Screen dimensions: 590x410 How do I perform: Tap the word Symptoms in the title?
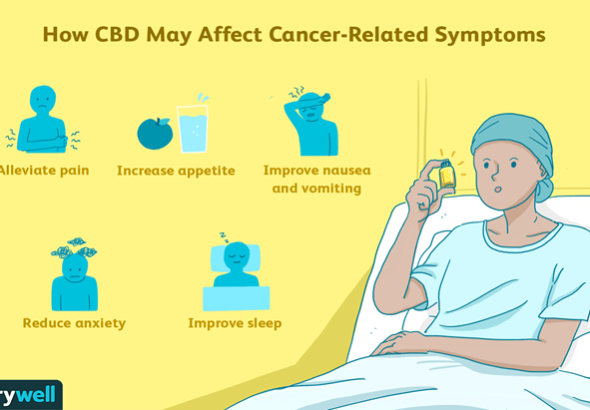click(x=490, y=36)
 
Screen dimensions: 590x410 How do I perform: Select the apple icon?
click(x=155, y=133)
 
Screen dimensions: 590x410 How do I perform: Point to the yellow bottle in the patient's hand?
click(x=447, y=175)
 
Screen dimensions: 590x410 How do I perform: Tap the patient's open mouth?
click(x=498, y=190)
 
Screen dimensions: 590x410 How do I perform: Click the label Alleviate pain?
click(x=44, y=171)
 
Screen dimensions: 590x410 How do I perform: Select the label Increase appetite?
click(x=176, y=172)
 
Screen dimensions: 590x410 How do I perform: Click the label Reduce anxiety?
click(x=74, y=323)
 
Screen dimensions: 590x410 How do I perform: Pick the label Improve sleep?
click(x=235, y=323)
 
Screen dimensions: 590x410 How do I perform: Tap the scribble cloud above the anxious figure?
click(x=74, y=247)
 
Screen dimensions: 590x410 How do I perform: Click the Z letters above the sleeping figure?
click(x=225, y=237)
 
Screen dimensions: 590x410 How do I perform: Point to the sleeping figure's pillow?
click(x=236, y=258)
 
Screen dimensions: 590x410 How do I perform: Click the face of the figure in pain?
click(x=43, y=100)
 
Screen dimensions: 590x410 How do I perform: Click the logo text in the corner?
click(x=28, y=396)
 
